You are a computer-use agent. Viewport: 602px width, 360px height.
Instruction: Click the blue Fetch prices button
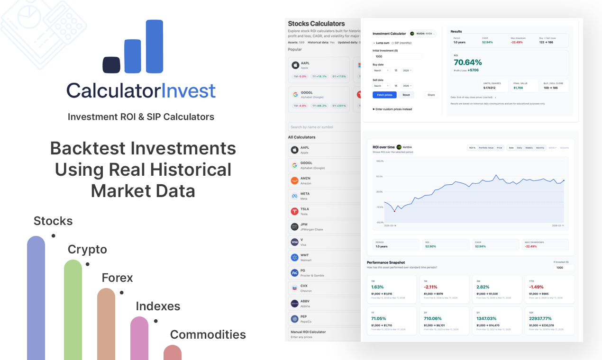(384, 95)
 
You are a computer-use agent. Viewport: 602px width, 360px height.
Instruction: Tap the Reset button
(406, 95)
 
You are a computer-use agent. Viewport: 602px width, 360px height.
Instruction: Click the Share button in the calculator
(431, 95)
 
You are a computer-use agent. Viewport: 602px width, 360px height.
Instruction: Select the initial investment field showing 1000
(397, 56)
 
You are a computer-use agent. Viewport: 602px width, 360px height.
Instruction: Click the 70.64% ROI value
(468, 62)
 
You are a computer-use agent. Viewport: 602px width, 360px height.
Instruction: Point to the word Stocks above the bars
(53, 221)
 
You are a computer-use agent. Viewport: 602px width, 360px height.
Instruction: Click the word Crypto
(87, 249)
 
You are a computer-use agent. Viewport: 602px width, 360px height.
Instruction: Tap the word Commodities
(208, 334)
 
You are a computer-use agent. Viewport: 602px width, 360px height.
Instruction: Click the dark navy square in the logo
(111, 65)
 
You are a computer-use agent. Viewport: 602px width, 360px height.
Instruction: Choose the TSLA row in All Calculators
(322, 211)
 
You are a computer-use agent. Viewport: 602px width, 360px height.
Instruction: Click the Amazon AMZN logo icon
(294, 180)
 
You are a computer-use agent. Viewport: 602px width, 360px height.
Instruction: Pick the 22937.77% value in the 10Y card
(541, 318)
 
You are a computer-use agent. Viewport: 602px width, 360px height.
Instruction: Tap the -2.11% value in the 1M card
(431, 287)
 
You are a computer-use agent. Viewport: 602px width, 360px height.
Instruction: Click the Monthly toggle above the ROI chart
(540, 148)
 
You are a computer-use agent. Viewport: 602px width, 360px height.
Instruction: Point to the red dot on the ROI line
(394, 211)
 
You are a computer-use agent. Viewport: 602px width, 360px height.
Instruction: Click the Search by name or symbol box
(324, 127)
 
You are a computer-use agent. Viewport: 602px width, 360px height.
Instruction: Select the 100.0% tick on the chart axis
(379, 161)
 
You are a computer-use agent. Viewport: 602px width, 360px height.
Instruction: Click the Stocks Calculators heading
(316, 24)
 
